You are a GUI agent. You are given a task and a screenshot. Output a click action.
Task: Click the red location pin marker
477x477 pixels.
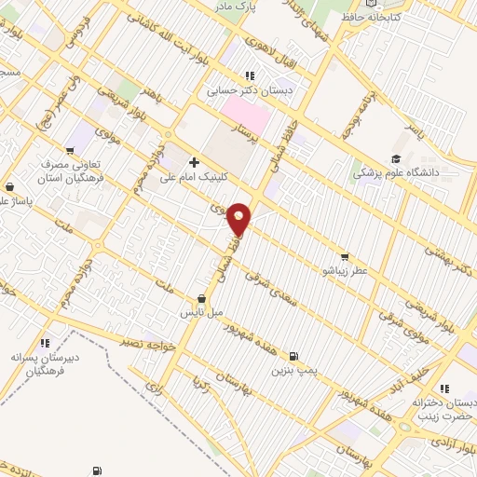pyautogui.click(x=239, y=218)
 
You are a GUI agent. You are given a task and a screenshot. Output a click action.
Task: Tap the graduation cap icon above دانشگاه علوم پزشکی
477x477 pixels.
pyautogui.click(x=395, y=158)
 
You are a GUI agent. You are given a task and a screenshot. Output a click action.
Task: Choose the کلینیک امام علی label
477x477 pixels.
pyautogui.click(x=194, y=177)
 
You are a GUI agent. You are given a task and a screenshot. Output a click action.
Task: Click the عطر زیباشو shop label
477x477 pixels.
pyautogui.click(x=346, y=270)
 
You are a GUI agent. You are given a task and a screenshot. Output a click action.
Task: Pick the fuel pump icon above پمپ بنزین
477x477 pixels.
pyautogui.click(x=294, y=356)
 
